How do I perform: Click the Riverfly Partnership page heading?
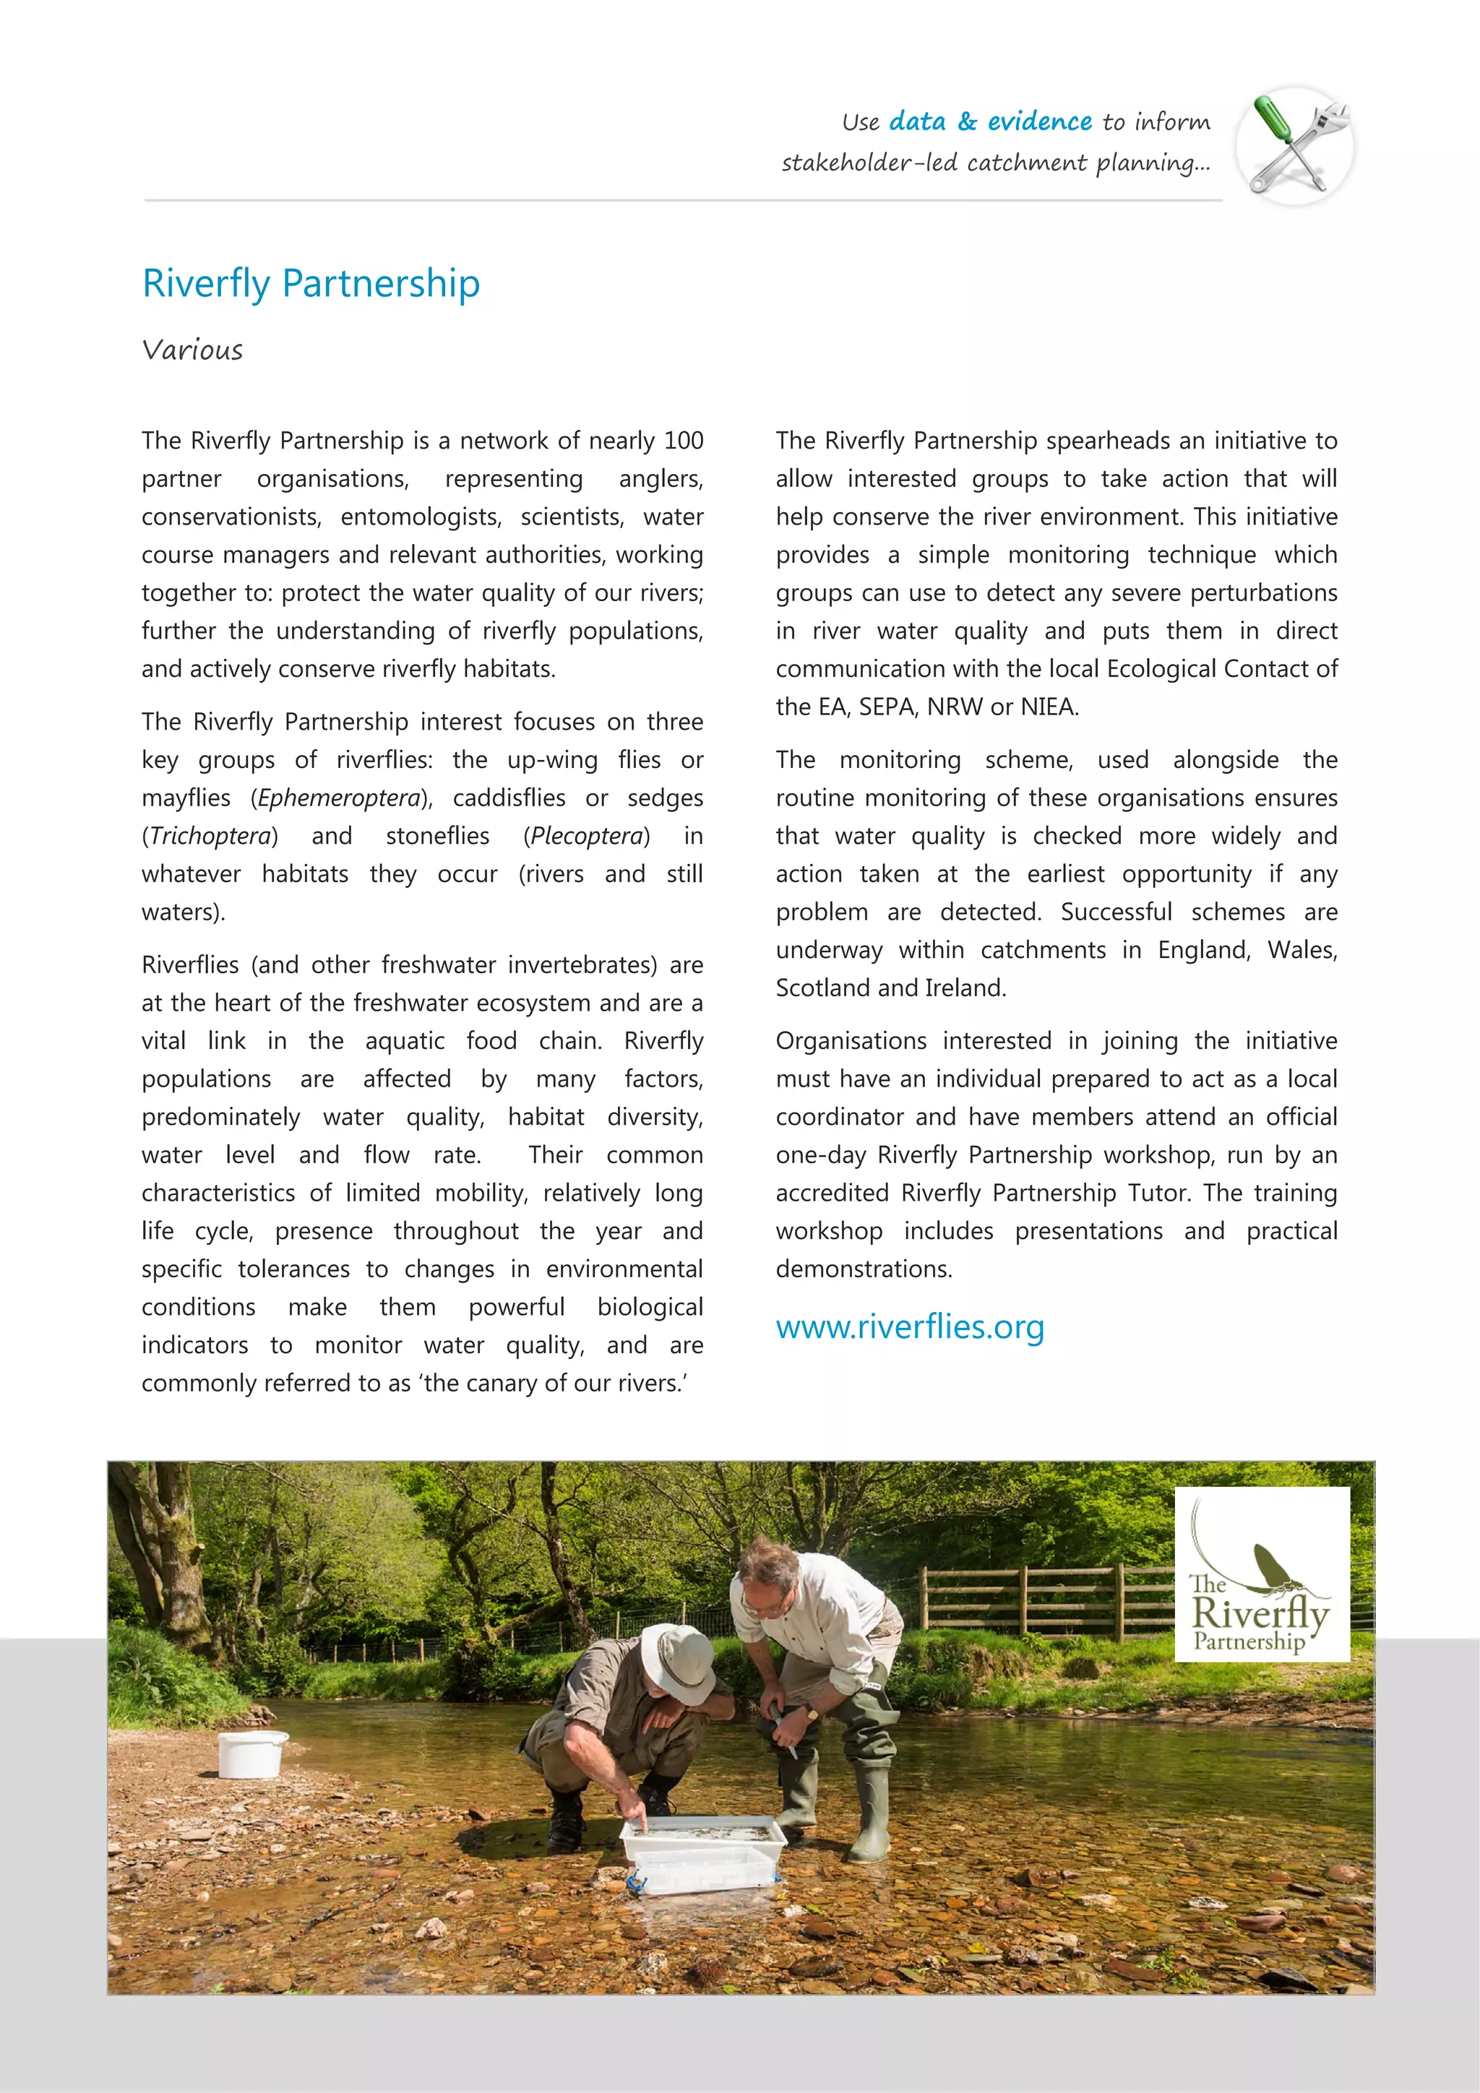tap(311, 283)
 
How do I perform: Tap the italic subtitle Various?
tap(192, 350)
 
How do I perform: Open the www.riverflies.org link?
tap(909, 1327)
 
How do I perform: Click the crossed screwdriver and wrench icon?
tap(1295, 145)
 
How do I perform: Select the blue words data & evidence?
tap(990, 121)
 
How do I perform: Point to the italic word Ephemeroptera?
tap(339, 798)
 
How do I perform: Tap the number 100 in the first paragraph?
tap(683, 441)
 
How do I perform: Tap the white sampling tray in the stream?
tap(702, 1842)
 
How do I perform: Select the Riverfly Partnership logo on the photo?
tap(1261, 1574)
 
